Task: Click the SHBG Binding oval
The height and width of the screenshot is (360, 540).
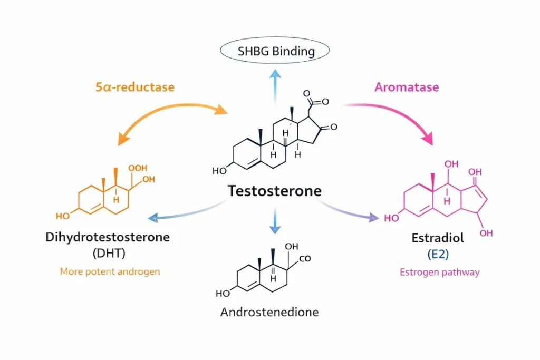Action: click(x=274, y=51)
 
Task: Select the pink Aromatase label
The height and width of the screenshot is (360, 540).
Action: click(x=406, y=87)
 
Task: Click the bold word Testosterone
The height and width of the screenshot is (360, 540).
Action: click(x=274, y=190)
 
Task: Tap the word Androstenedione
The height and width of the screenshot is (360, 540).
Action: click(x=269, y=312)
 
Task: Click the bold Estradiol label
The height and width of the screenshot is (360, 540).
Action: click(x=438, y=238)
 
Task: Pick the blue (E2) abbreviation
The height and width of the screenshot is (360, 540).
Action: click(x=438, y=254)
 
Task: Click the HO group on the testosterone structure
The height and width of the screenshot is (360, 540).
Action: click(x=219, y=171)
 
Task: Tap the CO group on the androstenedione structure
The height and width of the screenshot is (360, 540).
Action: click(x=305, y=258)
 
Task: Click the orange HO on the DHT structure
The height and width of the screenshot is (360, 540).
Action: click(x=62, y=216)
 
